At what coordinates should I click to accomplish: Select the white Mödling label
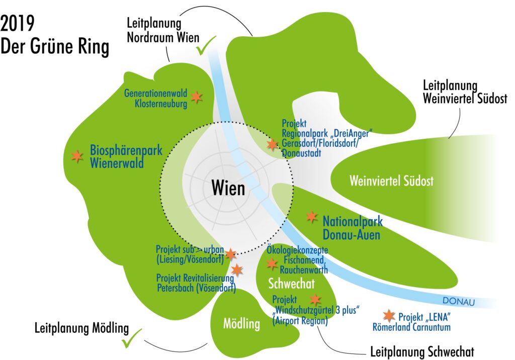[x=241, y=323]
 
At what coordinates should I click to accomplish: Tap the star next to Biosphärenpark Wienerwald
[x=77, y=156]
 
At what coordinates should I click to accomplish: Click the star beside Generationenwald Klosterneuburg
[x=197, y=97]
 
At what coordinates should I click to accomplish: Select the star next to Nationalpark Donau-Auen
[x=312, y=217]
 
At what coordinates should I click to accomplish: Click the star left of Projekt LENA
[x=388, y=316]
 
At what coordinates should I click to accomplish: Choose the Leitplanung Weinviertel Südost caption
[x=465, y=92]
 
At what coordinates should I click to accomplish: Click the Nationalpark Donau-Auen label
[x=352, y=227]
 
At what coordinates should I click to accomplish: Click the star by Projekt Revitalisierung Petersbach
[x=236, y=270]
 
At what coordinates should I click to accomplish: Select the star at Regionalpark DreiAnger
[x=272, y=145]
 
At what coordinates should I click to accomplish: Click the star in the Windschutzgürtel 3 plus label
[x=315, y=300]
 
